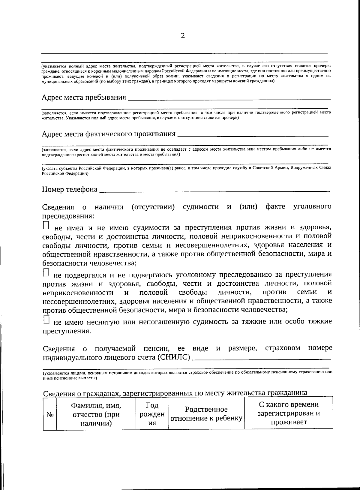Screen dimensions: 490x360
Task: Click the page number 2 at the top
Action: coord(182,36)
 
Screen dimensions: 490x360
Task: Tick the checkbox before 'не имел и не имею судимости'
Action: coord(46,225)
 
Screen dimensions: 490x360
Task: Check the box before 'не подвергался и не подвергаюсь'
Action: coord(46,272)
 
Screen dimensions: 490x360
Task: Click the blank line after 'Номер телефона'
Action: coord(214,190)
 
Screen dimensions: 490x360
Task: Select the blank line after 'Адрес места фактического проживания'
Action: coord(253,135)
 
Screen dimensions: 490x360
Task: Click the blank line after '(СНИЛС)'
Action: coord(262,358)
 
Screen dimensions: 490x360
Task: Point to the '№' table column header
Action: coord(50,415)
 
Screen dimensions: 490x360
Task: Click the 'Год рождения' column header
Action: coord(152,414)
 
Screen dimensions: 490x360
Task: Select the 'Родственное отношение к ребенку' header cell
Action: coord(206,414)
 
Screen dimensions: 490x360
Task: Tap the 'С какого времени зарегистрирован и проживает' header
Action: coord(289,413)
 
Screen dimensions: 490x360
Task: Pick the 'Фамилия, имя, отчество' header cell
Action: coord(96,414)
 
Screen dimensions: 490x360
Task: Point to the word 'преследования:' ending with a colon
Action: coord(68,216)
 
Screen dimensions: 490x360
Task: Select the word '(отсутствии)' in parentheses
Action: coord(153,207)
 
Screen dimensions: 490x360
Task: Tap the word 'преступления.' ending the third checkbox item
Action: coord(66,332)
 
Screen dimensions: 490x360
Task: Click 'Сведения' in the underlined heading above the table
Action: coord(58,393)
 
